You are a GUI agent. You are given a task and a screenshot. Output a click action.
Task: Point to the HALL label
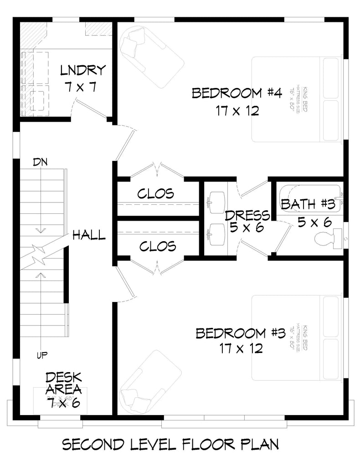[x=89, y=235]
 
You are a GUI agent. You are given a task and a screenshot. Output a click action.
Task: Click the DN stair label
[x=40, y=162]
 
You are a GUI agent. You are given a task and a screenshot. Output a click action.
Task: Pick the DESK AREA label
[x=63, y=384]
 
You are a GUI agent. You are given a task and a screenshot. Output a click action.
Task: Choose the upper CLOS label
[x=156, y=194]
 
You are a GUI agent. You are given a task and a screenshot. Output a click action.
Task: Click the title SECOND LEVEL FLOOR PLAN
[x=170, y=444]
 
